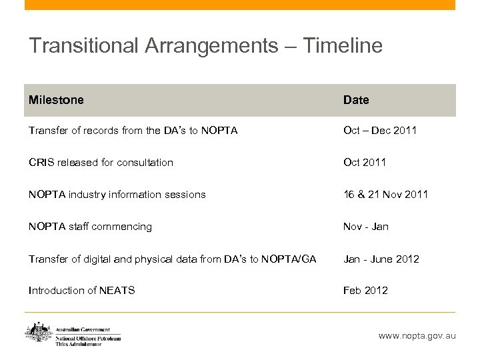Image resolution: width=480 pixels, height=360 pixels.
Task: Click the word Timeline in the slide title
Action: click(343, 45)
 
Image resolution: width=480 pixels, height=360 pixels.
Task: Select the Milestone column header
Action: click(56, 100)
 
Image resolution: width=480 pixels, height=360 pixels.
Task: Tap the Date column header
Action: click(356, 100)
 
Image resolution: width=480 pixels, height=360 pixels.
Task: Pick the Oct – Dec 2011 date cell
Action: click(379, 130)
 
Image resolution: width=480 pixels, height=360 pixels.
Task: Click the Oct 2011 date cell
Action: click(364, 162)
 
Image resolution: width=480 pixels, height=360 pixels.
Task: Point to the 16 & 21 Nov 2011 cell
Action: click(385, 194)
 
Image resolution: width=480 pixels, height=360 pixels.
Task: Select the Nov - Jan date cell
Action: click(365, 227)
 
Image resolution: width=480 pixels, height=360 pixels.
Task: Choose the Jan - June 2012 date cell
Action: click(381, 259)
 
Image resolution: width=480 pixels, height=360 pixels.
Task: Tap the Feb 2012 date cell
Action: click(365, 291)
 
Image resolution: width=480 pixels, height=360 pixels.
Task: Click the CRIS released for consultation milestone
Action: click(101, 162)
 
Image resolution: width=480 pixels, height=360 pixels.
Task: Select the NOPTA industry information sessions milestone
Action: click(117, 194)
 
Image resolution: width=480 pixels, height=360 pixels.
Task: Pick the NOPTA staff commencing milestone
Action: click(90, 227)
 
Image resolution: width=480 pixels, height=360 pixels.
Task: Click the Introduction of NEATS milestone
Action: click(81, 291)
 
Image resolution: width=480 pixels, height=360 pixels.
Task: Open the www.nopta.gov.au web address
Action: click(417, 336)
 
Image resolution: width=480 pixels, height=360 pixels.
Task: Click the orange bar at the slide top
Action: click(240, 5)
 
